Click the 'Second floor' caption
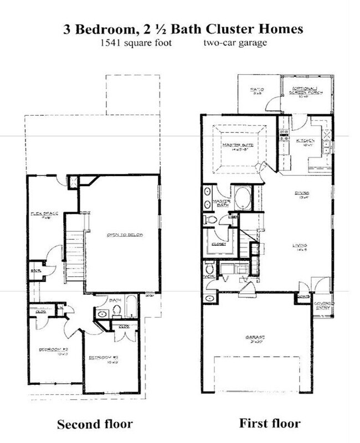(x=95, y=425)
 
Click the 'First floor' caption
(x=270, y=424)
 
